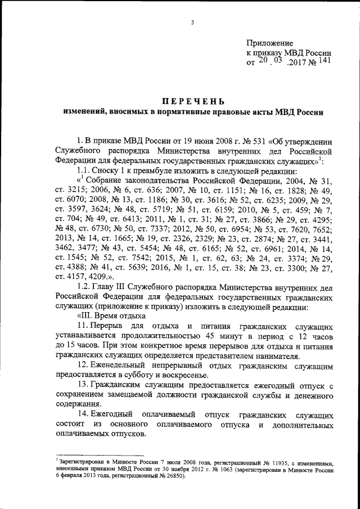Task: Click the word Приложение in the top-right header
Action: [x=271, y=43]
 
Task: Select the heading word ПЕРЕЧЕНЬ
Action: [x=192, y=101]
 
